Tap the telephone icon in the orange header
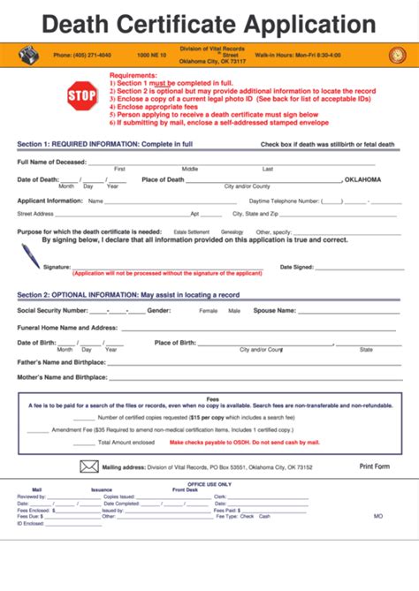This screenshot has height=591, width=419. coord(28,55)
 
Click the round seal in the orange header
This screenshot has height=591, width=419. coord(397,55)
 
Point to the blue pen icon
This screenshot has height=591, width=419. coord(31,255)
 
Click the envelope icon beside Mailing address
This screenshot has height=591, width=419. coord(89,466)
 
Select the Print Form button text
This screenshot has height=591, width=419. coord(374,466)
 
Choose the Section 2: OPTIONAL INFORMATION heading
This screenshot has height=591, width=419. coord(128,294)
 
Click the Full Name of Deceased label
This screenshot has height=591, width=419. coord(52,163)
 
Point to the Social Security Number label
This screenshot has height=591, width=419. coord(52,311)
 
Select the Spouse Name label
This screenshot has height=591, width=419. coord(274,311)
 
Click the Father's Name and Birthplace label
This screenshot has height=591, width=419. coord(61,361)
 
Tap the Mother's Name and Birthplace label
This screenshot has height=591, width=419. coord(62,377)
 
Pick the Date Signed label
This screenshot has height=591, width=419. coord(296,267)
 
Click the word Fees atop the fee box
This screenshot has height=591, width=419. coord(212,398)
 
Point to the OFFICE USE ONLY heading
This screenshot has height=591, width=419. coord(209,484)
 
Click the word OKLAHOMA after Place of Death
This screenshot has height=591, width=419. coord(363,179)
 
